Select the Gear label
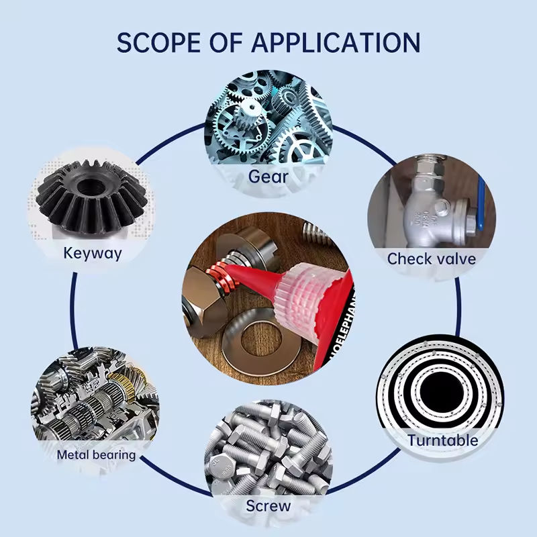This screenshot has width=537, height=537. coord(268,177)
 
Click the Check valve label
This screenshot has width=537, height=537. coord(432,258)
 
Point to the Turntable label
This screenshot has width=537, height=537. coord(443,440)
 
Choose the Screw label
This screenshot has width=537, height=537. coord(268,505)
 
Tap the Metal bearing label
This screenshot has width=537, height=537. coord(96,454)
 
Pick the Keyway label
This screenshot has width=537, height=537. coord(93,253)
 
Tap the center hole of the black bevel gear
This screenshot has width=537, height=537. coord(88,185)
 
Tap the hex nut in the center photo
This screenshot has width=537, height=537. coord(201,305)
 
